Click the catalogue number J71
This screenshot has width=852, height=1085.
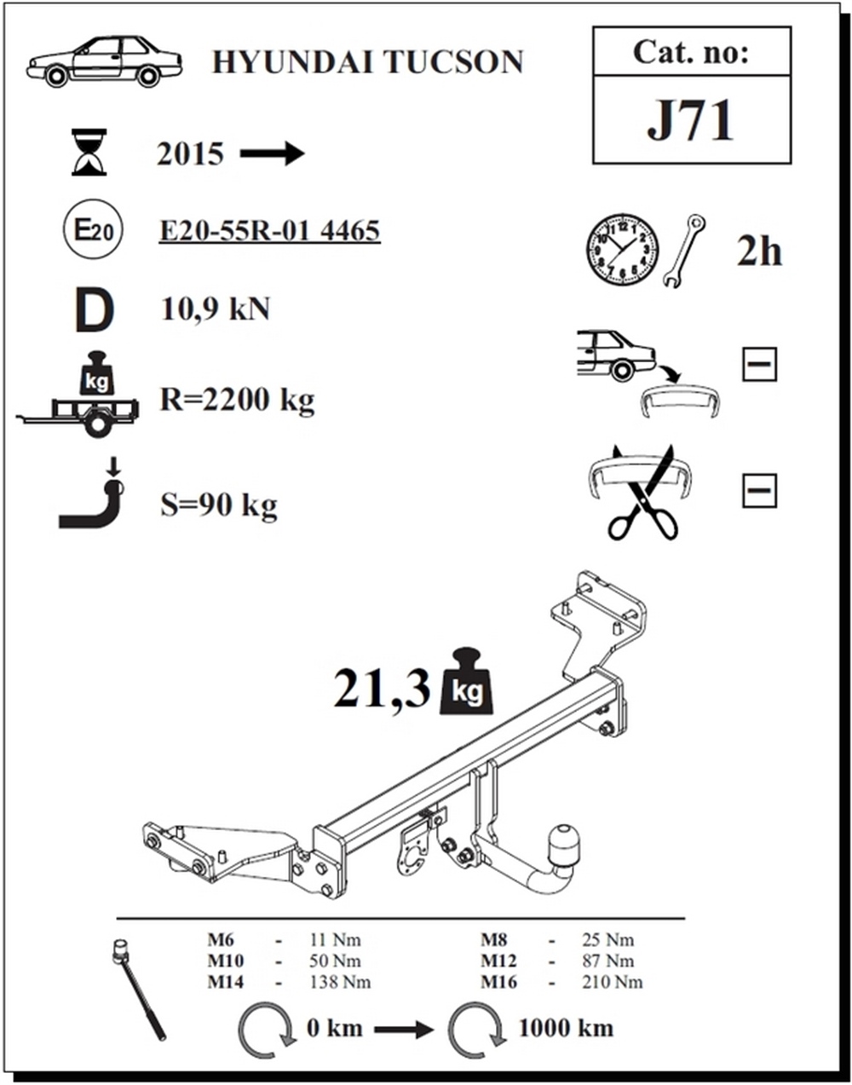[691, 120]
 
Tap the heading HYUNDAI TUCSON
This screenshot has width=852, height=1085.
[368, 62]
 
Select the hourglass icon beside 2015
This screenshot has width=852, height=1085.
[89, 152]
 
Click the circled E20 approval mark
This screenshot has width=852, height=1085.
[93, 230]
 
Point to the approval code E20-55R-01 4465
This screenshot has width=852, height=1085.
[269, 231]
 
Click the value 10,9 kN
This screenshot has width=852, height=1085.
[215, 309]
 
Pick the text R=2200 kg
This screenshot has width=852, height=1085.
[237, 401]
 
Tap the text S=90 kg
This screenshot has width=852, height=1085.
[219, 505]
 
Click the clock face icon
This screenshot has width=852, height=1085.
[622, 250]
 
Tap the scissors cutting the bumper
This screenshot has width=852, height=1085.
[643, 494]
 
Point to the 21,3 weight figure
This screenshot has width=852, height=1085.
[382, 690]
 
